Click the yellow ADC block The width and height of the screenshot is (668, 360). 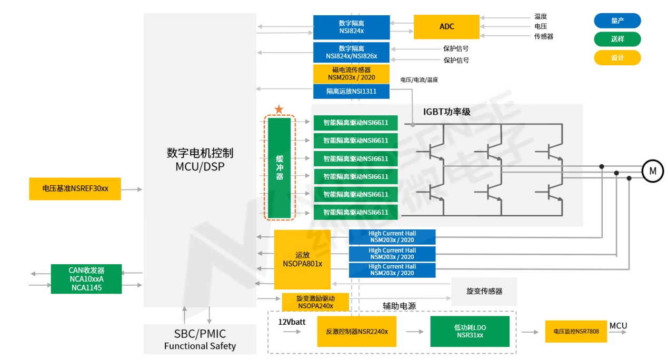click(446, 27)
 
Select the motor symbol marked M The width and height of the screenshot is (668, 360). click(652, 171)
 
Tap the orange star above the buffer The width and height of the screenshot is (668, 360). click(279, 109)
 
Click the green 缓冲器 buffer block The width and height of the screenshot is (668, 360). click(280, 168)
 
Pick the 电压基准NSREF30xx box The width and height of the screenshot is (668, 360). click(75, 188)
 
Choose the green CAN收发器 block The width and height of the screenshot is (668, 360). click(86, 279)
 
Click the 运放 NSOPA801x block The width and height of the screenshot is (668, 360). click(302, 259)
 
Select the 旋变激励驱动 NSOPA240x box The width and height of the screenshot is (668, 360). click(315, 302)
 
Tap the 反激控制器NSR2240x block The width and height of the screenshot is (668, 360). click(356, 332)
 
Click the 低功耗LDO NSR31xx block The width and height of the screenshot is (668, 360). click(470, 331)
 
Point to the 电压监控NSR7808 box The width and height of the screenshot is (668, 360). click(576, 332)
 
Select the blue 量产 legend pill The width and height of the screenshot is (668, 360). click(617, 21)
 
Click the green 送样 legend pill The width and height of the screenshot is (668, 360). click(617, 39)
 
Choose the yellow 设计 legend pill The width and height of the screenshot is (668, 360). click(617, 58)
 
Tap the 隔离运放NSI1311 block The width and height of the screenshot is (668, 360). click(351, 92)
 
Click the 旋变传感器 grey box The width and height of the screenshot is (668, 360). click(484, 291)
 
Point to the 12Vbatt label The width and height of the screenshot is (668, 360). click(292, 322)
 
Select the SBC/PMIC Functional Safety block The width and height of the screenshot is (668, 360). click(200, 339)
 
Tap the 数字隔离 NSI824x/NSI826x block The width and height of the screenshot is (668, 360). click(351, 52)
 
